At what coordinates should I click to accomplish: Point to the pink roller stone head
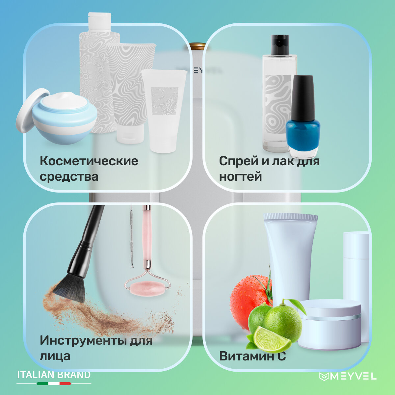click(x=147, y=289)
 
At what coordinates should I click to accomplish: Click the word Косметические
click(x=89, y=161)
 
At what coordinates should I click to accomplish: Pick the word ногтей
click(x=240, y=177)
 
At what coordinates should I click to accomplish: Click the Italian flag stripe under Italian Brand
click(x=54, y=383)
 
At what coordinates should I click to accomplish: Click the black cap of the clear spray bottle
click(x=280, y=45)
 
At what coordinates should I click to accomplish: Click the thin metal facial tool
click(x=132, y=236)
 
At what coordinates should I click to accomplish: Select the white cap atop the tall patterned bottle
click(x=100, y=22)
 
